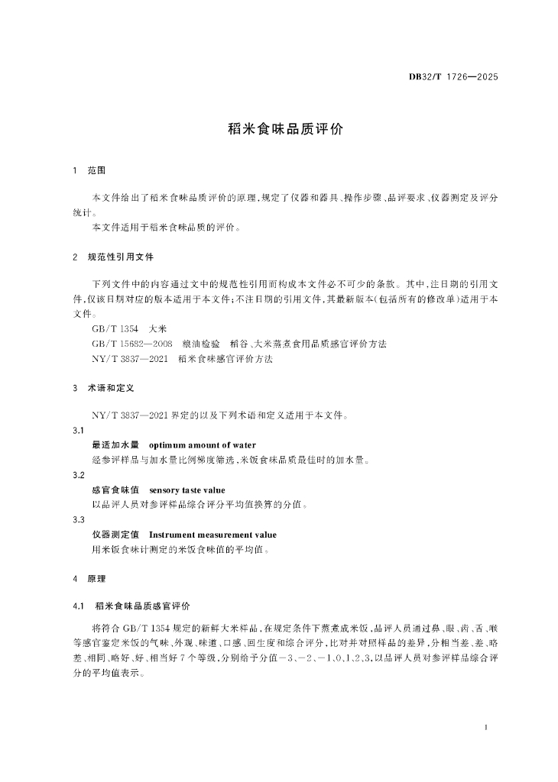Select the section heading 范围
tap(96, 170)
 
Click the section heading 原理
tap(96, 578)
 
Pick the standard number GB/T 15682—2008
tap(131, 344)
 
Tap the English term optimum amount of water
tap(202, 445)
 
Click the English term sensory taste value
tap(187, 490)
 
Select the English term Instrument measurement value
tap(212, 535)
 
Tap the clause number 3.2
tap(78, 475)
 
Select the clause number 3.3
tap(78, 520)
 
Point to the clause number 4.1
tap(77, 605)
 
